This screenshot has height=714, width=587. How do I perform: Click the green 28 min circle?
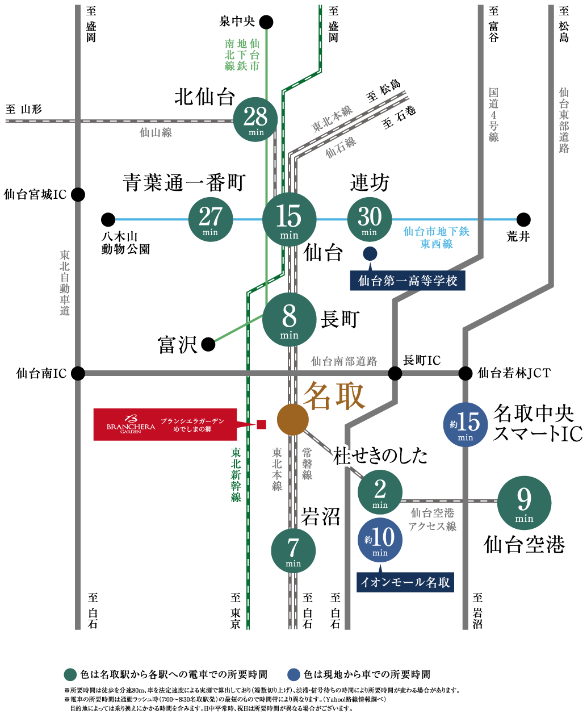255,119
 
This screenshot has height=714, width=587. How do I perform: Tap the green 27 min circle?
211,219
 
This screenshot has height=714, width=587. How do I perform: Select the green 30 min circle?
370,219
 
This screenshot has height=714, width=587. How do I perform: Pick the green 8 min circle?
289,319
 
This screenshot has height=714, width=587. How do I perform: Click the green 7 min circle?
293,550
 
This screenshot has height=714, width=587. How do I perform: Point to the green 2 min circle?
380,492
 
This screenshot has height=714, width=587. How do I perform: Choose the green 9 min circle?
524,503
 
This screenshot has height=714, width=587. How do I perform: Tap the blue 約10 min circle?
380,540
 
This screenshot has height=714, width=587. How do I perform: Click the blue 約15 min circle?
465,424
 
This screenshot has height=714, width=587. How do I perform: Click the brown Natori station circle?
293,420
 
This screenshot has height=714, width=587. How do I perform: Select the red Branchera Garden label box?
165,424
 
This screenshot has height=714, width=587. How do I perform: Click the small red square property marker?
262,424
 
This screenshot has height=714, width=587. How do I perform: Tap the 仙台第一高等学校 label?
408,281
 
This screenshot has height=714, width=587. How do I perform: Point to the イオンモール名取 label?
405,582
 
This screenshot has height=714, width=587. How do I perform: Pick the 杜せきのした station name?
380,456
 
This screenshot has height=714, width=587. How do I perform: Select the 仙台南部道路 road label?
344,361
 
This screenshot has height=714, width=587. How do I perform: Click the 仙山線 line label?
156,133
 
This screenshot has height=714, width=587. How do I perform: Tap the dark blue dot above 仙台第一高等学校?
370,253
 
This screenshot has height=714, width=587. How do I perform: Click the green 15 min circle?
289,219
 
